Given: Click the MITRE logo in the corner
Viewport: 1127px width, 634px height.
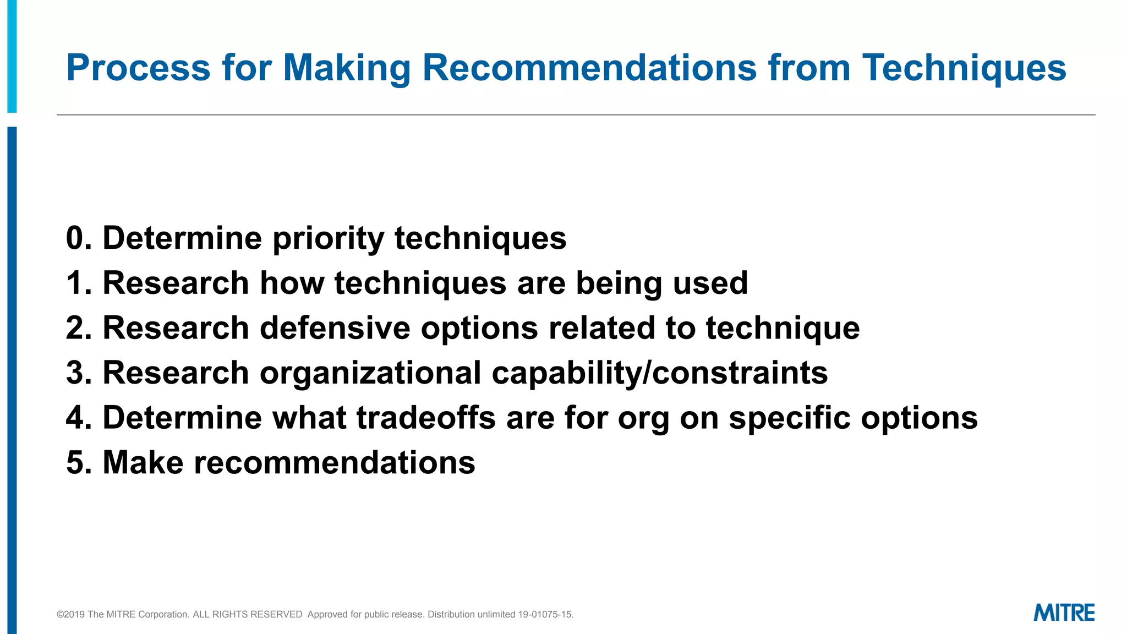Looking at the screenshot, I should (x=1064, y=613).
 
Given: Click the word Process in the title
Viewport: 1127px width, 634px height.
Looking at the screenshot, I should (x=138, y=68).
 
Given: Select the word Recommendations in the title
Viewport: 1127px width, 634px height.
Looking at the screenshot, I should (x=589, y=68).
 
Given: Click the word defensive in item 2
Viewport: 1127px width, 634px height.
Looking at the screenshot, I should (x=335, y=328).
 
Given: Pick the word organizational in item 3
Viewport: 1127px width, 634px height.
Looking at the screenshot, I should (x=370, y=373).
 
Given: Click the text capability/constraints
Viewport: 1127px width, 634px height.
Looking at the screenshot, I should (x=659, y=373).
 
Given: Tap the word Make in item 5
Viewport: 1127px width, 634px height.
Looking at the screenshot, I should (x=143, y=462).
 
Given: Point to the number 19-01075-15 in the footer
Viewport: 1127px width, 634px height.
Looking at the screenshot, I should (x=545, y=614).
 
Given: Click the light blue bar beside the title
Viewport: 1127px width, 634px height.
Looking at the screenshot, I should (x=12, y=55).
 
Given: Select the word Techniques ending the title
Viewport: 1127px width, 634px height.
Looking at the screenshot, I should (x=964, y=68).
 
